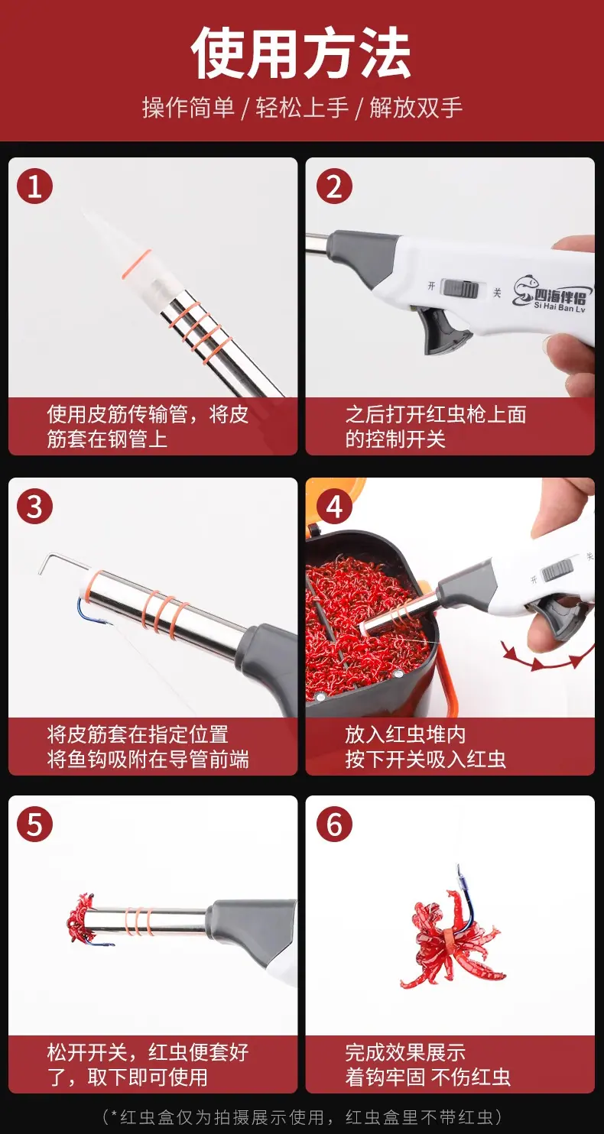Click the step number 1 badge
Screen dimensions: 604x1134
click(x=34, y=186)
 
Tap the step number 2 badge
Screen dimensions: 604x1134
click(x=334, y=186)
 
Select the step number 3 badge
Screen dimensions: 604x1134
click(x=34, y=506)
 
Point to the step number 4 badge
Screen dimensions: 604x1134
click(x=334, y=506)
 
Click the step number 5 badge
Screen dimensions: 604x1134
click(x=34, y=825)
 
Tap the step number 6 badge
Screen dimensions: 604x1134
click(x=334, y=825)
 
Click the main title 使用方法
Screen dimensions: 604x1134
click(x=301, y=53)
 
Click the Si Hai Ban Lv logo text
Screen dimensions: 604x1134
click(x=560, y=306)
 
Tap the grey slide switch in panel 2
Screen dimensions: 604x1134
click(x=460, y=288)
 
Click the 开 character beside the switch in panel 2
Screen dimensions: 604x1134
click(x=431, y=286)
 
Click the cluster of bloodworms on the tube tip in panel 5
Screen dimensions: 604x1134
click(x=82, y=918)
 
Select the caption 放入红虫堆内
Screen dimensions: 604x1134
click(x=405, y=734)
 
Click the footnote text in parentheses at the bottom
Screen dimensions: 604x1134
click(x=302, y=1116)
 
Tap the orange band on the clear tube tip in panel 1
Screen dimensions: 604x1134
click(x=136, y=264)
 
